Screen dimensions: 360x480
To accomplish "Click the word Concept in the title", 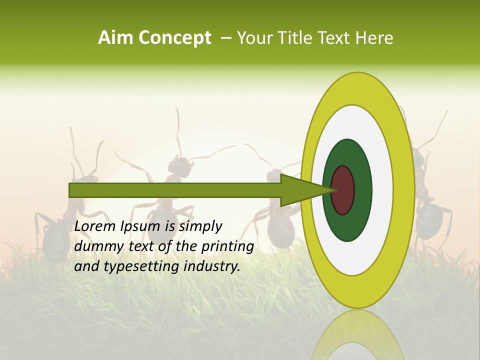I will tap(174, 38).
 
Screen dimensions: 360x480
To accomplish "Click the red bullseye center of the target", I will tap(343, 190).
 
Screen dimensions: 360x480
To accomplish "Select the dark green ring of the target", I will tap(362, 190).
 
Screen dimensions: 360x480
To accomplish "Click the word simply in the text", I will tap(200, 227).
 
